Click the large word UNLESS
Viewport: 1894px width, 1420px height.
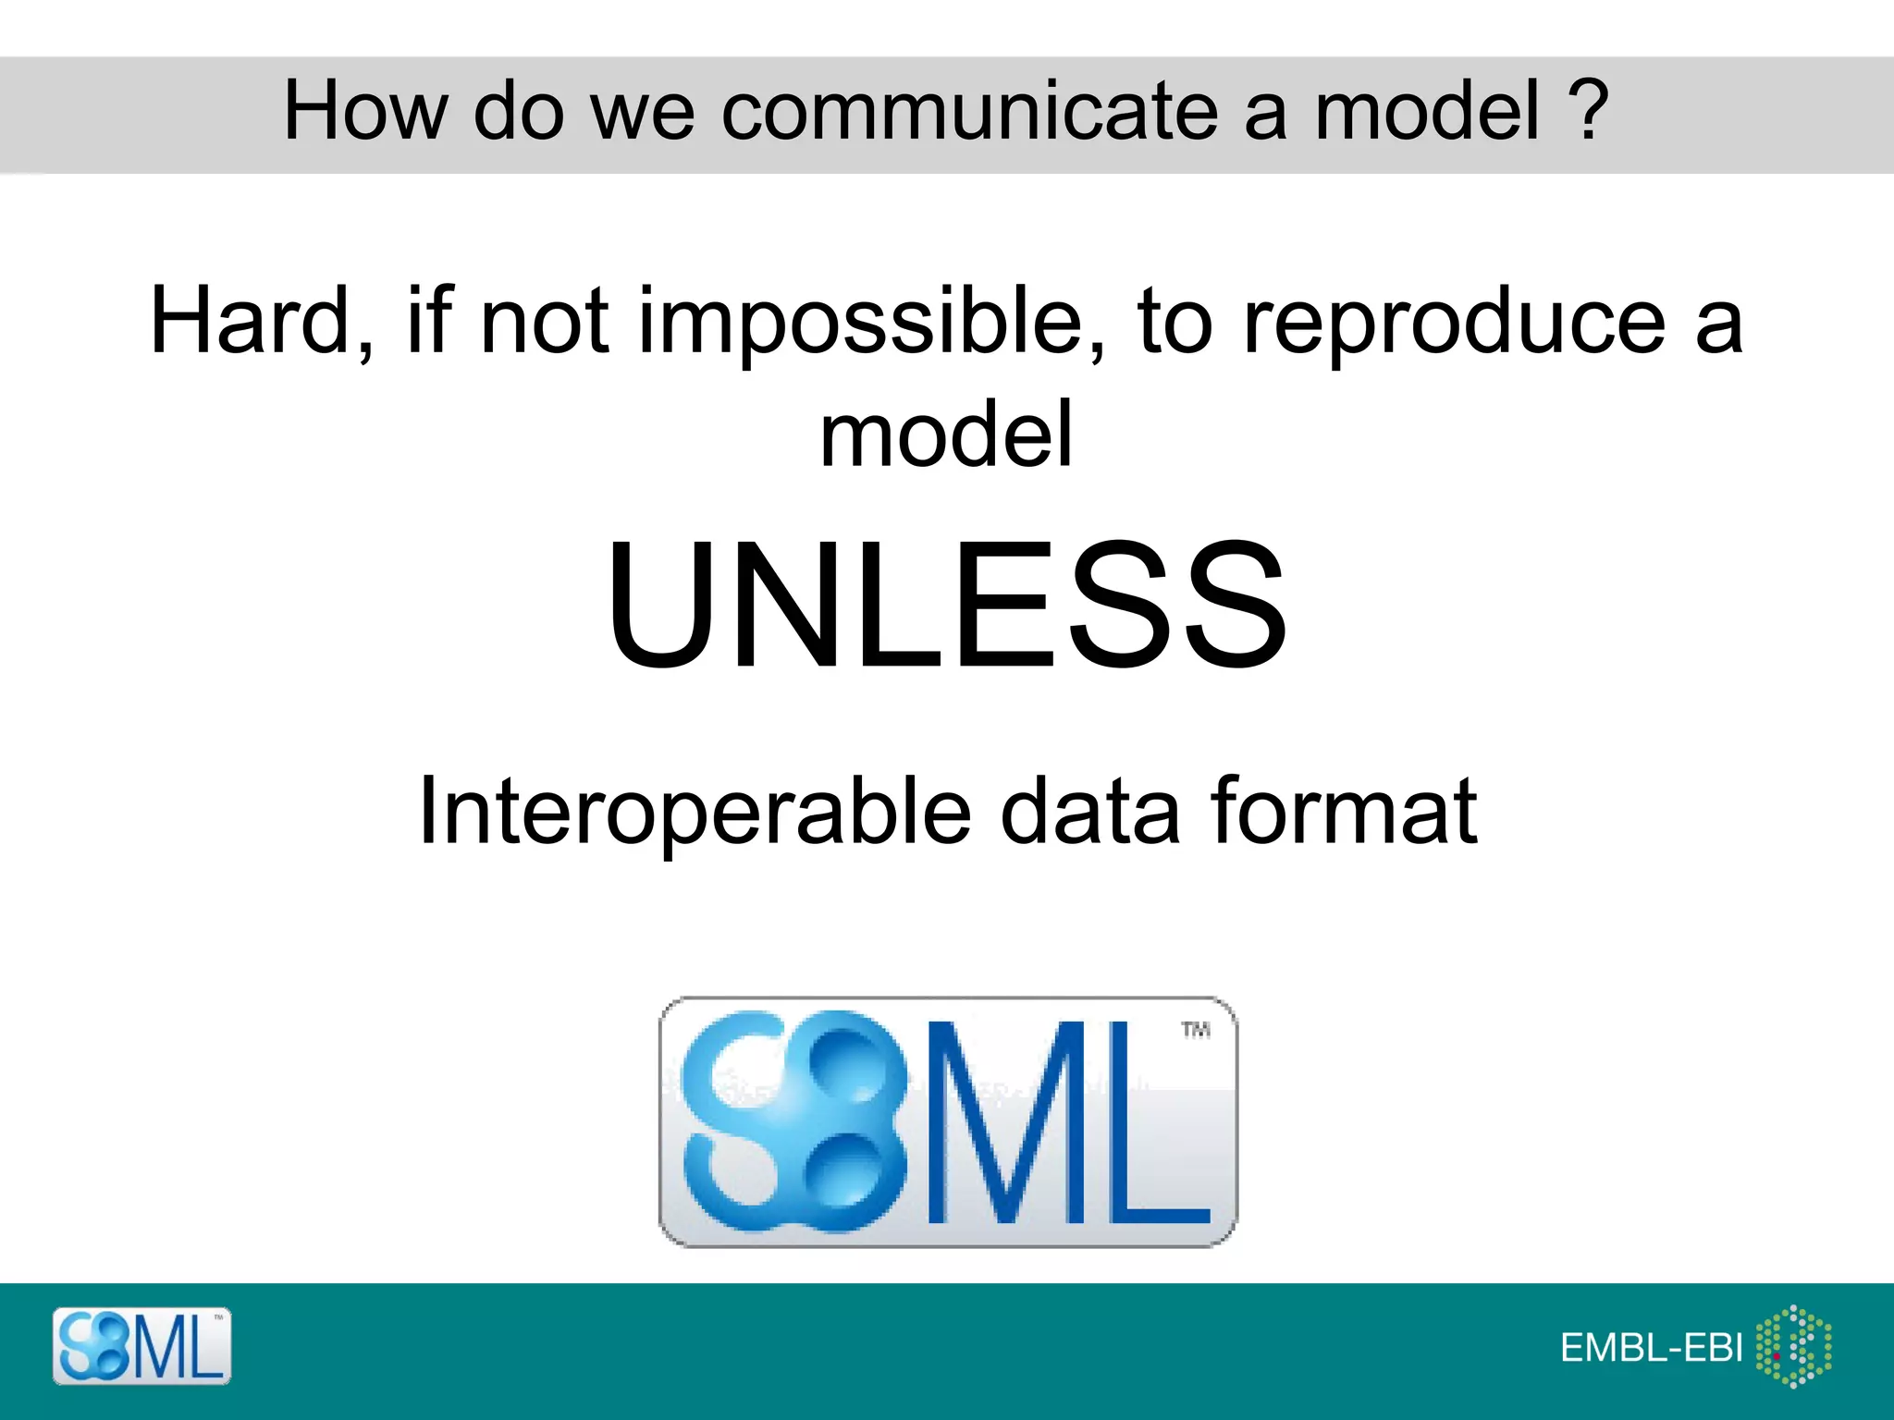[x=946, y=606]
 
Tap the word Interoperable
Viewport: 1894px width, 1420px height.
[x=694, y=812]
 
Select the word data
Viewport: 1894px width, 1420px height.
[x=1091, y=812]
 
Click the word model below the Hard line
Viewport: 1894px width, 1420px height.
[x=946, y=435]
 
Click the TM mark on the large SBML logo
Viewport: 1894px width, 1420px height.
[x=1195, y=1030]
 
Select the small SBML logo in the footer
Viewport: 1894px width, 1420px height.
[x=141, y=1346]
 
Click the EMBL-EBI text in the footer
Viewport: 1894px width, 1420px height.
[x=1651, y=1348]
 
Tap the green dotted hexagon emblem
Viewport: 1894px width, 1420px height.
[x=1794, y=1346]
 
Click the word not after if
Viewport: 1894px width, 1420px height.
[x=544, y=322]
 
